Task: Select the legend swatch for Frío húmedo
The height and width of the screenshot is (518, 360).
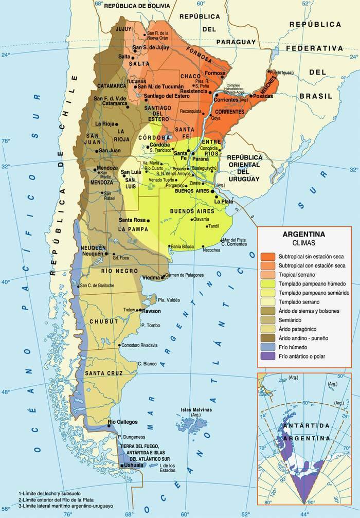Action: pos(268,347)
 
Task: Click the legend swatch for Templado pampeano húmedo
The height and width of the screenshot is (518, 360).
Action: pos(268,283)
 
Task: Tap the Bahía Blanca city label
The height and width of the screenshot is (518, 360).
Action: pos(182,246)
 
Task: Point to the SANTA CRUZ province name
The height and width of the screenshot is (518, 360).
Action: pos(102,373)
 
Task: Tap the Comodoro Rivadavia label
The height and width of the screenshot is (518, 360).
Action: pos(139,345)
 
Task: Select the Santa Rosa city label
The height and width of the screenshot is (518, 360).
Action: pos(132,221)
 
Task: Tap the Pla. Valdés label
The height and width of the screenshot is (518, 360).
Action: pos(169,299)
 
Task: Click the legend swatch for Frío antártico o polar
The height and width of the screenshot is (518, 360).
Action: pos(268,356)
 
